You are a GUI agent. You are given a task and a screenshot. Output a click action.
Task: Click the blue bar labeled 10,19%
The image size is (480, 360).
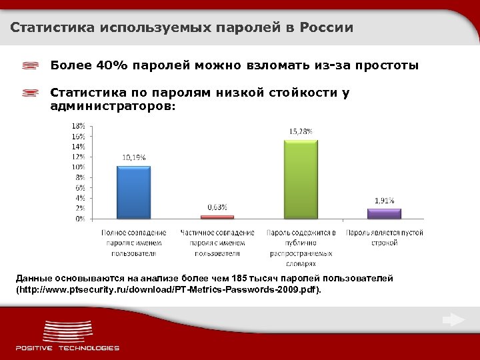click(x=133, y=192)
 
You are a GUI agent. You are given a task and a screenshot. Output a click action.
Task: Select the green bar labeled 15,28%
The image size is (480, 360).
click(x=301, y=179)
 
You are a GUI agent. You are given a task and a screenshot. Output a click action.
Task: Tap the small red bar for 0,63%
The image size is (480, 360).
click(x=217, y=217)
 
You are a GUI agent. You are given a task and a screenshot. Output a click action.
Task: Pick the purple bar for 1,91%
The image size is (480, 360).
click(x=384, y=213)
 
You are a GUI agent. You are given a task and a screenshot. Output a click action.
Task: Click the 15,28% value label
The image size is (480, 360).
click(x=300, y=132)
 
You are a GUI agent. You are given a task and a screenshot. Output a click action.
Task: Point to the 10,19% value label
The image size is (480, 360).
click(x=133, y=157)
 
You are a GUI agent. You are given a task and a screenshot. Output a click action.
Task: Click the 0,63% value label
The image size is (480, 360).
click(x=217, y=207)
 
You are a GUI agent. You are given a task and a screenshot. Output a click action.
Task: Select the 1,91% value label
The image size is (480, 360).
click(x=384, y=201)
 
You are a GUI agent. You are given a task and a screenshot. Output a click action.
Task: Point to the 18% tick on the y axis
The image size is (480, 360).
click(x=78, y=125)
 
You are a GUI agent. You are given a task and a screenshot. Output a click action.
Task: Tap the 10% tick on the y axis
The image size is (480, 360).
click(x=78, y=167)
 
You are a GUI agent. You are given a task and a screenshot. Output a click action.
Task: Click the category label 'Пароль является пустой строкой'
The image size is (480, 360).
click(x=385, y=237)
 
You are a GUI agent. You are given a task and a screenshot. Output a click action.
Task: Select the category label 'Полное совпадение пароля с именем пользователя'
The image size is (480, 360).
click(x=134, y=243)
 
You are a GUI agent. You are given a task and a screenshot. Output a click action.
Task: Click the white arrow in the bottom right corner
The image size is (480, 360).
click(x=453, y=320)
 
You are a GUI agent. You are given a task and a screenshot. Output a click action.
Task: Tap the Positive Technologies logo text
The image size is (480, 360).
click(x=67, y=347)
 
